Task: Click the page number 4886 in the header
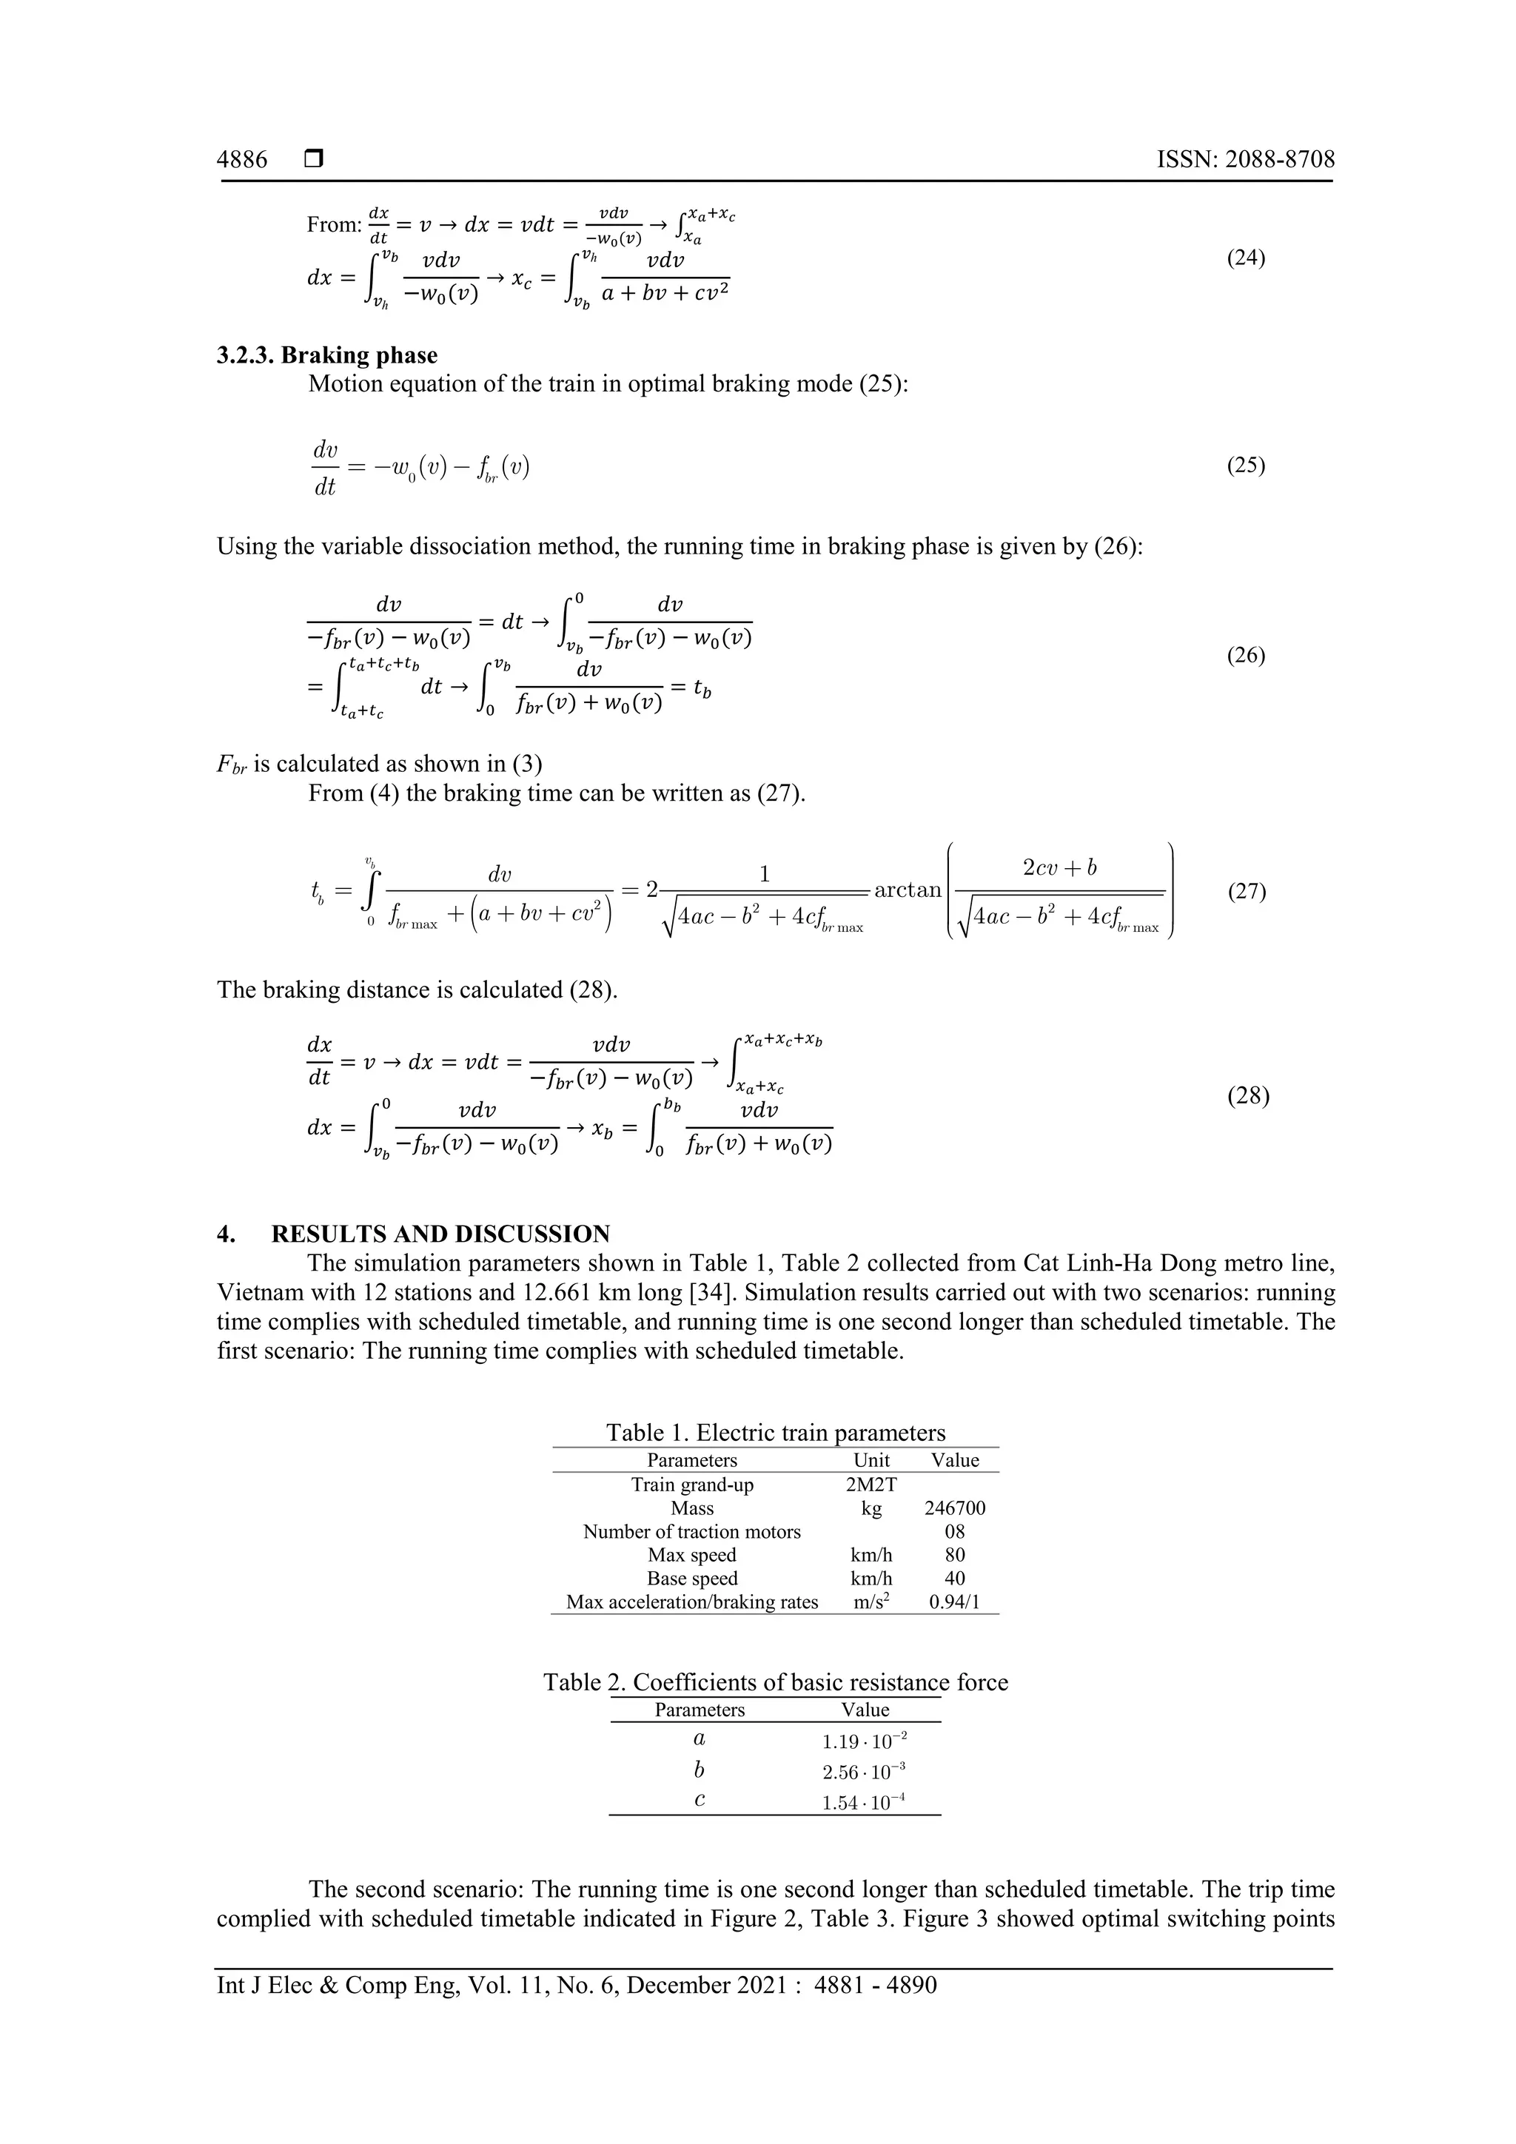[x=242, y=160]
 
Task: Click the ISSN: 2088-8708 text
[x=1245, y=160]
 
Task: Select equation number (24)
[x=1245, y=258]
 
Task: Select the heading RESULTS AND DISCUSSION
[x=440, y=1234]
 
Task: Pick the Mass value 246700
[x=955, y=1508]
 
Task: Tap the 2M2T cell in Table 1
[x=871, y=1485]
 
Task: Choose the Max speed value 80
[x=955, y=1555]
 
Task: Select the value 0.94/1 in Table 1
[x=955, y=1602]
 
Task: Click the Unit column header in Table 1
[x=871, y=1460]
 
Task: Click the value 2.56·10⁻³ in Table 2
[x=863, y=1772]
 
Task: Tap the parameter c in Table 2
[x=700, y=1801]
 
